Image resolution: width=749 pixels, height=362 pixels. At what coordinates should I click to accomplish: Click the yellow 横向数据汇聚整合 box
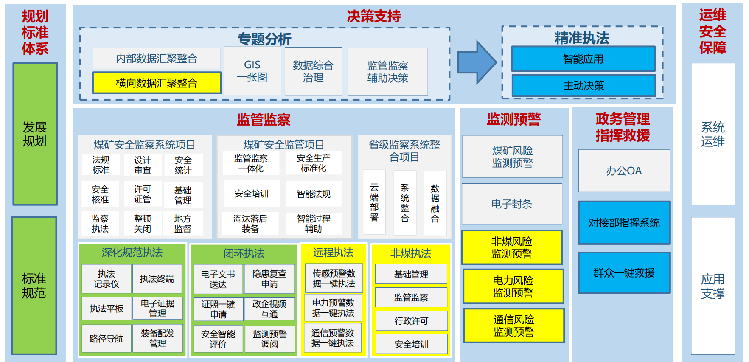pyautogui.click(x=157, y=83)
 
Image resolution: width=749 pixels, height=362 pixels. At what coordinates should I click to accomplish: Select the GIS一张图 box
pyautogui.click(x=252, y=71)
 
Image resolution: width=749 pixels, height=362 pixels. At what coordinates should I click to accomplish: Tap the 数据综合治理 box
pyautogui.click(x=313, y=71)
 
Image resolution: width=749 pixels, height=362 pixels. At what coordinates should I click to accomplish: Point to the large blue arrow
pyautogui.click(x=476, y=62)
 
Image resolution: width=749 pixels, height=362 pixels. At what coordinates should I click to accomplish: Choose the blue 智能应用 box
pyautogui.click(x=583, y=59)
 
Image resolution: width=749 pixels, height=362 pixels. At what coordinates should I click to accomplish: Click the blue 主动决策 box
pyautogui.click(x=583, y=86)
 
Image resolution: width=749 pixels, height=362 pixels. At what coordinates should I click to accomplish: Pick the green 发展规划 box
pyautogui.click(x=35, y=134)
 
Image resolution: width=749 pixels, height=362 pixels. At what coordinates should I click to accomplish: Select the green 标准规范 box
pyautogui.click(x=34, y=286)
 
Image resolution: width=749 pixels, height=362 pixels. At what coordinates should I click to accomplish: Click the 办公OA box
pyautogui.click(x=624, y=171)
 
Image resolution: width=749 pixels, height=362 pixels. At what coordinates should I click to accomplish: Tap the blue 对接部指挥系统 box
pyautogui.click(x=624, y=223)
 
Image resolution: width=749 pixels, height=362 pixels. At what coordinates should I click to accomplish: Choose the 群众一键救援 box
pyautogui.click(x=624, y=273)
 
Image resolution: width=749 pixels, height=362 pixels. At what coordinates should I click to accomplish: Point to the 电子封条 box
pyautogui.click(x=512, y=204)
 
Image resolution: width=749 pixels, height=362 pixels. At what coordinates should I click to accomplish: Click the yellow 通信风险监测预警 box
pyautogui.click(x=514, y=326)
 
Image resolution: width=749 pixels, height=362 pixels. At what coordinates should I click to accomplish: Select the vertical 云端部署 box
pyautogui.click(x=374, y=202)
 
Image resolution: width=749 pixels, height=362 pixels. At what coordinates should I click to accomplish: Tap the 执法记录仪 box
pyautogui.click(x=107, y=279)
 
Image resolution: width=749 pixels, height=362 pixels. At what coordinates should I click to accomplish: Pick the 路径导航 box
pyautogui.click(x=107, y=339)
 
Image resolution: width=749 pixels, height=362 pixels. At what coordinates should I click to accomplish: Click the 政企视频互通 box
pyautogui.click(x=269, y=309)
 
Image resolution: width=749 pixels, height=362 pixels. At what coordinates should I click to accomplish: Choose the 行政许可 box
pyautogui.click(x=411, y=321)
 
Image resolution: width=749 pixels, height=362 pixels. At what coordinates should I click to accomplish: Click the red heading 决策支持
pyautogui.click(x=374, y=17)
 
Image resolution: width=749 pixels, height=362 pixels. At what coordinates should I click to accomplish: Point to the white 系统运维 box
pyautogui.click(x=713, y=134)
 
